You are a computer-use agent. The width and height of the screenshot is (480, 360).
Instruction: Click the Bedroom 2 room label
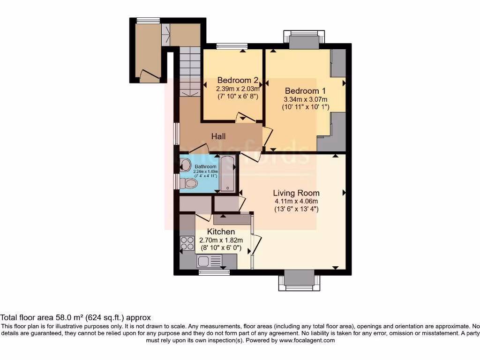coord(234,80)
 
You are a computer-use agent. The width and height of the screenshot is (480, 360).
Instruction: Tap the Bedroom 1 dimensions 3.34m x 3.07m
coord(305,99)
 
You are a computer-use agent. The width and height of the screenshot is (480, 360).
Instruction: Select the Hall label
coord(218,136)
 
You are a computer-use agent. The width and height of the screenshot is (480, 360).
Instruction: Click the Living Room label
coord(297,193)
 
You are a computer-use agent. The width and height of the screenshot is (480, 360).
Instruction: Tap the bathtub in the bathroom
coord(228,174)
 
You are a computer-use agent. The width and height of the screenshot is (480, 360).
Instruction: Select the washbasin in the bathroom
coord(185,165)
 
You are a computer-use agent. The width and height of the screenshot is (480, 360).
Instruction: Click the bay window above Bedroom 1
coord(304,40)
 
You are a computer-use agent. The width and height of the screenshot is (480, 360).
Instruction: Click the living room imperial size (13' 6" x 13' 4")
coord(297,210)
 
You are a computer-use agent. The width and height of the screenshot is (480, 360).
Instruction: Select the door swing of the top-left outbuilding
coord(149,75)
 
